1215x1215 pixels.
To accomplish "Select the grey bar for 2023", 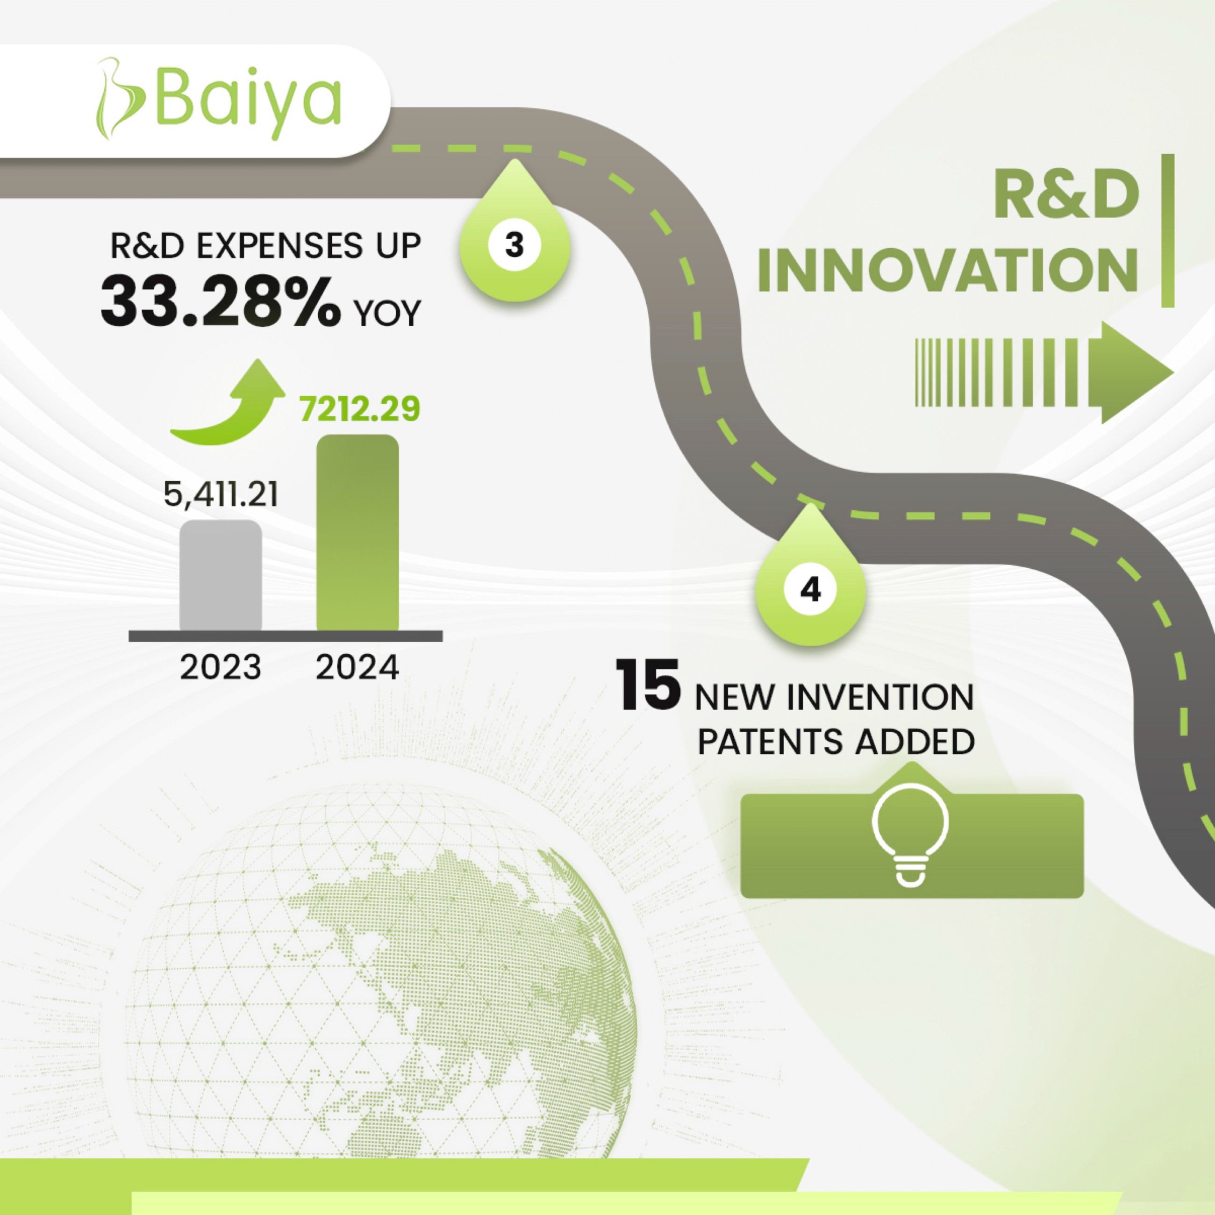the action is point(221,575).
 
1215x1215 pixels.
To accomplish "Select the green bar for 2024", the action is point(357,533).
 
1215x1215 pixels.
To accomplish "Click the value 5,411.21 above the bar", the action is point(221,494).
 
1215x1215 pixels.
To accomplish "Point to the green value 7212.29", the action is point(359,409).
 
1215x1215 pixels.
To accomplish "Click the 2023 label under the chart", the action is point(220,667).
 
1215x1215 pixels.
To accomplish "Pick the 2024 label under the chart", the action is point(357,667).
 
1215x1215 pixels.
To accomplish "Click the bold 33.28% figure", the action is point(221,302).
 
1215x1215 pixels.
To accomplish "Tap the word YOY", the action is point(387,313).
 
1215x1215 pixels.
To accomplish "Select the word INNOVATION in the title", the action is point(948,270).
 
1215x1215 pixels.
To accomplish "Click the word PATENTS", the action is point(771,742).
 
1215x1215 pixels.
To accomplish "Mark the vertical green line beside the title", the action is point(1168,231).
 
